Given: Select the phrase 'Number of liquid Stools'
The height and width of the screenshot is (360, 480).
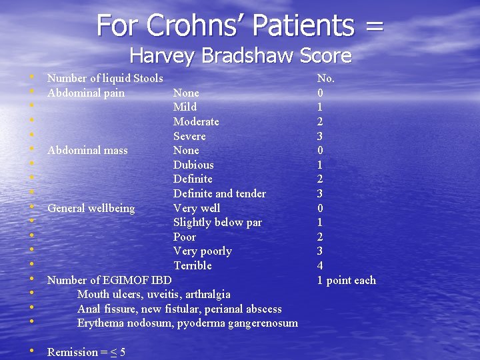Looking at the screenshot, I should (105, 79).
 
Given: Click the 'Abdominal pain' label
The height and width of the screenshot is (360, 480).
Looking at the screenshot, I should (86, 93).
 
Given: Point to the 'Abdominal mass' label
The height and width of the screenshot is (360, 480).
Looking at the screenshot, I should (87, 151).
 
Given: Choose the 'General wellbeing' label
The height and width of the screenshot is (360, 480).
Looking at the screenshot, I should (91, 208).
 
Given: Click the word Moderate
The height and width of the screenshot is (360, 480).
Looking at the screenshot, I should (196, 121).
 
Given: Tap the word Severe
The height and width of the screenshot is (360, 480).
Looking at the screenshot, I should (189, 136).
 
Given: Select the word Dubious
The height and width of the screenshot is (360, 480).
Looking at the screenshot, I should (193, 165).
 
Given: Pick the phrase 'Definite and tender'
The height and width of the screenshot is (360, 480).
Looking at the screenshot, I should (219, 193).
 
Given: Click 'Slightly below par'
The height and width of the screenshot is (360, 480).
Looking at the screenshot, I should (217, 222).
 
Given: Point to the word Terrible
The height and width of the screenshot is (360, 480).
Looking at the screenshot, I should (193, 265).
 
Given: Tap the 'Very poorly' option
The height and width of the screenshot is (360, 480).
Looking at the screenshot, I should (203, 251).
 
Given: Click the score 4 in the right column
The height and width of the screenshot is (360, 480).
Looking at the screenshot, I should (320, 265).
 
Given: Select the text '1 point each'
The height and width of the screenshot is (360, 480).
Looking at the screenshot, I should (346, 280).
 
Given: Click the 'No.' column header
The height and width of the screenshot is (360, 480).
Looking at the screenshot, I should (326, 79).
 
